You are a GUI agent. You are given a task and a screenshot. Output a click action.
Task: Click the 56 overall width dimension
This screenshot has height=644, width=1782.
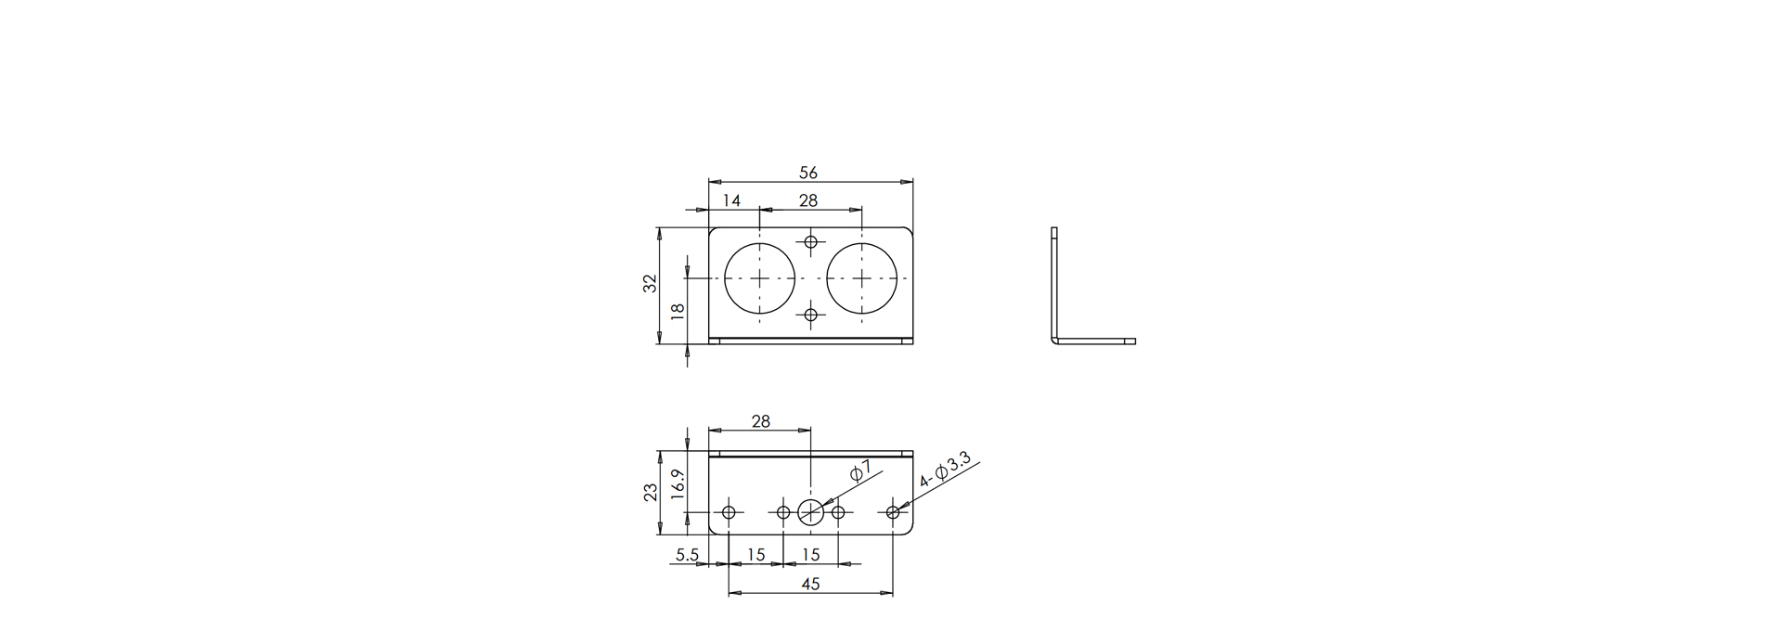[x=807, y=173]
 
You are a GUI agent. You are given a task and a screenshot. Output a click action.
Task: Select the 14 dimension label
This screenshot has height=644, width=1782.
[x=731, y=200]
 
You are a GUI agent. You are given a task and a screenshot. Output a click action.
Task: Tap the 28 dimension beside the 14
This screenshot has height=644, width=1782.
[x=808, y=200]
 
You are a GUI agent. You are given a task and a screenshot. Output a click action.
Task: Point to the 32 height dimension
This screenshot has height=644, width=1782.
[x=651, y=284]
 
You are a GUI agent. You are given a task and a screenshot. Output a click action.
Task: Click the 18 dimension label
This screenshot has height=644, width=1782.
[x=678, y=312]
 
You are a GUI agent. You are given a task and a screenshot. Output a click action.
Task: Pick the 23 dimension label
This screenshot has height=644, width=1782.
[x=651, y=493]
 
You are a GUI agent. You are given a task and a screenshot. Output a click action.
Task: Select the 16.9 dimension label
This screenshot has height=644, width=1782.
[x=678, y=485]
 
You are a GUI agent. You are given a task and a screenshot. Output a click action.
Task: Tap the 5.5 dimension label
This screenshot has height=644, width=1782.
[x=687, y=555]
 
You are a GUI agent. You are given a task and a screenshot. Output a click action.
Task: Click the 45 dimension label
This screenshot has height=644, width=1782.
[x=810, y=585]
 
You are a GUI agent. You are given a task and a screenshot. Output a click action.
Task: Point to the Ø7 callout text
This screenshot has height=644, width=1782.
[x=859, y=472]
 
